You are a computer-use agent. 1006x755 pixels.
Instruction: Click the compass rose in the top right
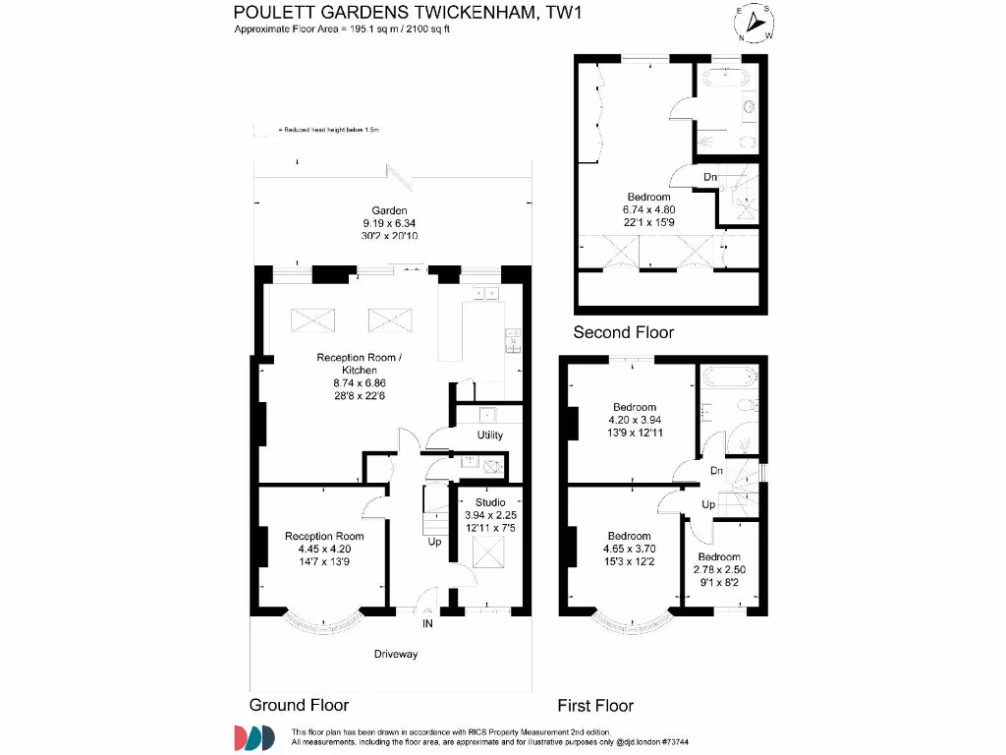tap(754, 23)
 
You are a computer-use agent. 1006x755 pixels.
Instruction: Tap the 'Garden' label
tap(389, 210)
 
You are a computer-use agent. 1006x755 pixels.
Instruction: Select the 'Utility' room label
tap(490, 436)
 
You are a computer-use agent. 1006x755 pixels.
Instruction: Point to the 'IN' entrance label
tap(427, 624)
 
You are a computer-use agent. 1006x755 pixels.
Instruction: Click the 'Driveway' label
tap(395, 654)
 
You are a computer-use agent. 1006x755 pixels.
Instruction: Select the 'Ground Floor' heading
tap(299, 705)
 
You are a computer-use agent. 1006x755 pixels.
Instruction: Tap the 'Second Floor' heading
tap(624, 332)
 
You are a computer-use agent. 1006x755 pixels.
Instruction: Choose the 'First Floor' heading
tap(595, 705)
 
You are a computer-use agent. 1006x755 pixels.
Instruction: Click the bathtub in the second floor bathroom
tap(727, 76)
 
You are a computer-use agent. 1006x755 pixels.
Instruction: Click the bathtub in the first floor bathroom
tap(727, 375)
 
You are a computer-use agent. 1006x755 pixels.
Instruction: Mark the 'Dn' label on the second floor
tap(710, 177)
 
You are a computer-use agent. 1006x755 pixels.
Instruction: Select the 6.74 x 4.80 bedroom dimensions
tap(649, 209)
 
